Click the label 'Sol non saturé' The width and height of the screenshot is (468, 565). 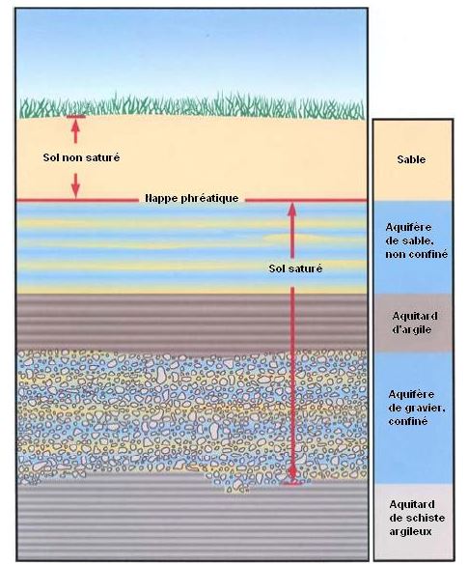pyautogui.click(x=81, y=157)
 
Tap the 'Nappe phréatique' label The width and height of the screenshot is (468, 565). pyautogui.click(x=191, y=199)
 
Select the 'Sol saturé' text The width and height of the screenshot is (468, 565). pyautogui.click(x=295, y=268)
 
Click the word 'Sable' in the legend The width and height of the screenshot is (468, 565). pyautogui.click(x=411, y=159)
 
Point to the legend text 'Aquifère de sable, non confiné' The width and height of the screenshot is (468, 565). pyautogui.click(x=417, y=240)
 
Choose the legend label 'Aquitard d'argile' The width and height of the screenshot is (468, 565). pyautogui.click(x=414, y=323)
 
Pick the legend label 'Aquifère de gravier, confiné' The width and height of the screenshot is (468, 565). pyautogui.click(x=417, y=408)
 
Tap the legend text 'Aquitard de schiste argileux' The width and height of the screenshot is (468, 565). pyautogui.click(x=417, y=518)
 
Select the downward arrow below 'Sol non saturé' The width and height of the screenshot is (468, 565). pyautogui.click(x=75, y=185)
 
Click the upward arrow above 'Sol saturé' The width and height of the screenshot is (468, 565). pyautogui.click(x=292, y=231)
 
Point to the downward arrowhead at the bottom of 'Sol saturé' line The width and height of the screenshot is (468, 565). pyautogui.click(x=292, y=473)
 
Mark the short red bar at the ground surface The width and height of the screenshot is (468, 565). pyautogui.click(x=75, y=117)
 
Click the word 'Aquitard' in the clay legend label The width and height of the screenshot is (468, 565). pyautogui.click(x=415, y=316)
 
